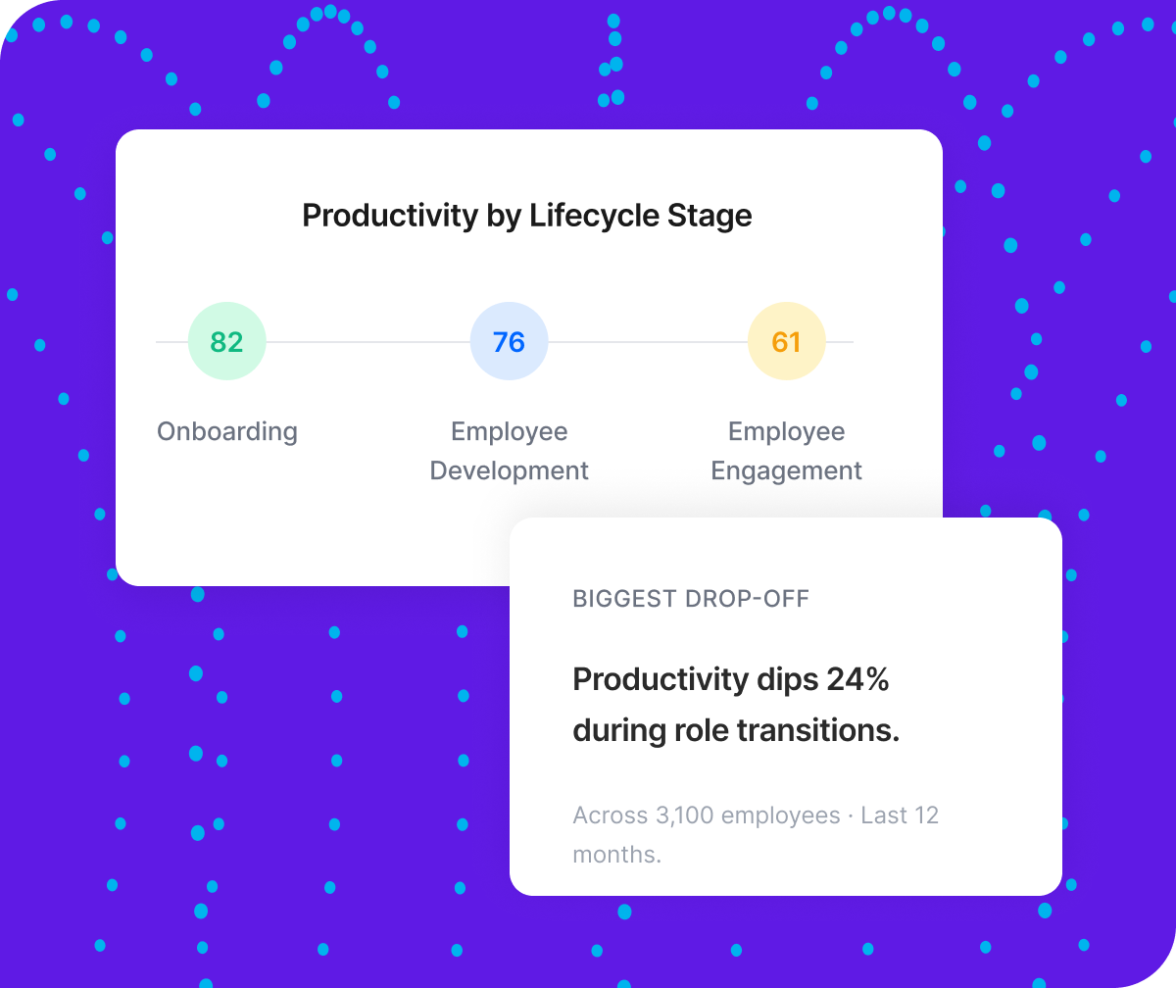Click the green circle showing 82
tap(226, 342)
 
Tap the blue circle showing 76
tap(510, 342)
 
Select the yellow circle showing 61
tap(787, 342)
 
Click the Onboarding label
tap(227, 431)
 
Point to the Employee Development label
tap(510, 451)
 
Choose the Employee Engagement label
tap(787, 451)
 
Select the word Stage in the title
tap(711, 216)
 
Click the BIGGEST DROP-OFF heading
tap(691, 599)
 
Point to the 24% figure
tap(857, 679)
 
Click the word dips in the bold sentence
tap(786, 679)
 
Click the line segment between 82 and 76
tap(367, 342)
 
